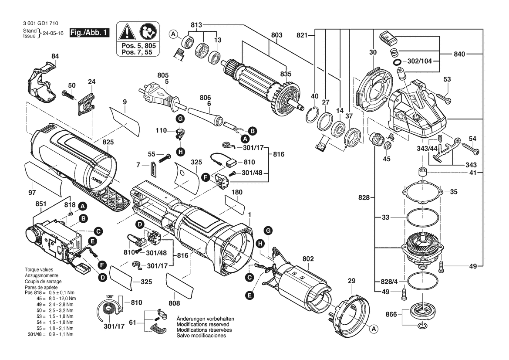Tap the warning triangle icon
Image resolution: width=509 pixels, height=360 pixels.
tap(127, 32)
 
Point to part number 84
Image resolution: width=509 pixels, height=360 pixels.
tap(54, 56)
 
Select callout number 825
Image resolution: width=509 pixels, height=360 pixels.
tap(108, 142)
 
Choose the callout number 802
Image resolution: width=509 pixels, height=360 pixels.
tap(308, 259)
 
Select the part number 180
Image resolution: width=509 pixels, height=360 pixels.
tap(237, 192)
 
